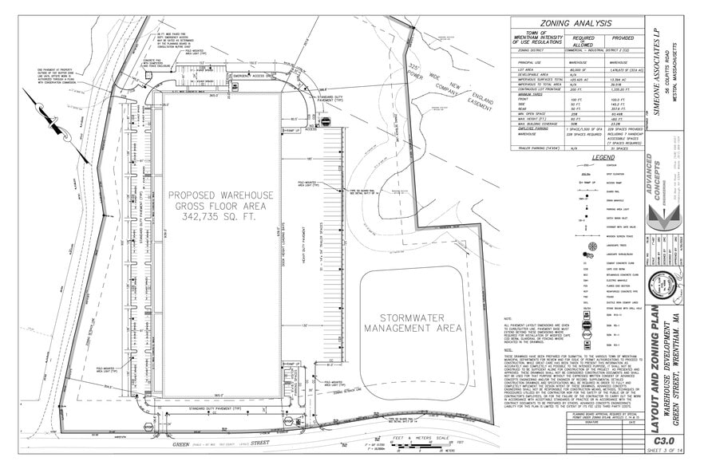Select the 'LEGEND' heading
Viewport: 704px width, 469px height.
(581, 157)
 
